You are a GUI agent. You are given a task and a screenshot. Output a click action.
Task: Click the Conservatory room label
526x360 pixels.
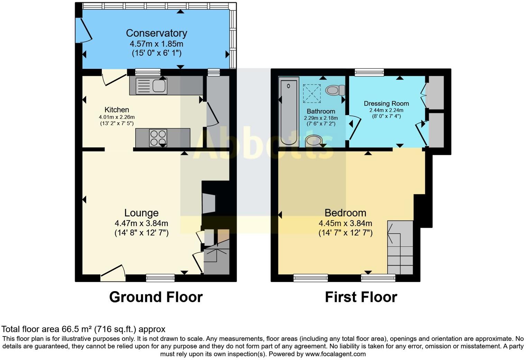[x=156, y=33]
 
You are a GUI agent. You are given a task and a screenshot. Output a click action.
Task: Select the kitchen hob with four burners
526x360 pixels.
[x=158, y=138]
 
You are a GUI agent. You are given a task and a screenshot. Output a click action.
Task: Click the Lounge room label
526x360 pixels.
[x=141, y=213]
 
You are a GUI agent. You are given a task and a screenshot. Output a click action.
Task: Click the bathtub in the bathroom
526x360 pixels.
[x=289, y=112]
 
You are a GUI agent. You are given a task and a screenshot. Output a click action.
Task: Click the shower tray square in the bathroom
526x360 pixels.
[x=312, y=93]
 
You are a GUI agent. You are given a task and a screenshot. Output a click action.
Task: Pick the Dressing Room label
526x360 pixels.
[x=386, y=103]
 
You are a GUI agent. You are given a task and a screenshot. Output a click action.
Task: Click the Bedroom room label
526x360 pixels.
[x=345, y=213]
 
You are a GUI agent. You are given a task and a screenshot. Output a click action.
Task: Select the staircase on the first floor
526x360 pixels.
[x=400, y=247]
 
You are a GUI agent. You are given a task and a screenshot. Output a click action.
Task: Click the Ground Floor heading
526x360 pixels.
[x=156, y=297]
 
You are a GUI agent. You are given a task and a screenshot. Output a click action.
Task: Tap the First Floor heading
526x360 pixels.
[x=361, y=297]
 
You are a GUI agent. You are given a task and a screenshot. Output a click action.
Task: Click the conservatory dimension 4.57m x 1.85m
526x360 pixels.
[x=156, y=44]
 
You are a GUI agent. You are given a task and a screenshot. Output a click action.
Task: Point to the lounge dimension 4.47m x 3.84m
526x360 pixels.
[x=141, y=223]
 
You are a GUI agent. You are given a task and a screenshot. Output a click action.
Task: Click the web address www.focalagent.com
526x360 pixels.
[x=335, y=354]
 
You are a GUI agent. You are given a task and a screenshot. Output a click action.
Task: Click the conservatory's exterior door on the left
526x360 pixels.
[x=83, y=29]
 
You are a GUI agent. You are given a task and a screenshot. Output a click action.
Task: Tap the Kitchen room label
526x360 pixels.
[x=117, y=110]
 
